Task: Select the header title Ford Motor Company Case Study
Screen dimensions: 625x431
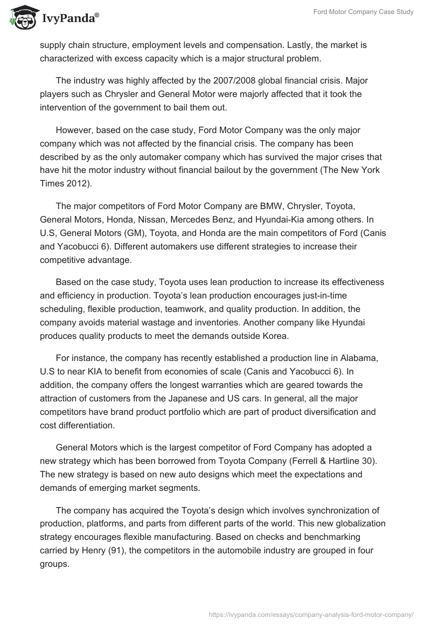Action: (x=363, y=12)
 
